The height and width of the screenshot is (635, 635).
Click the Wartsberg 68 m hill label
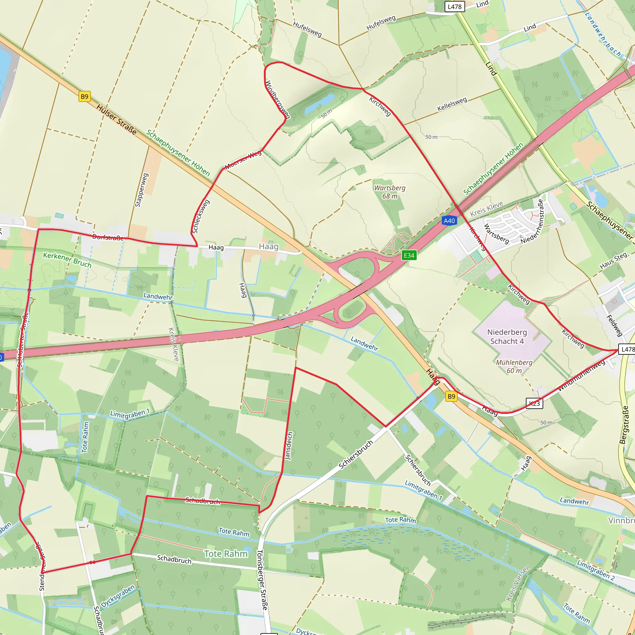(390, 192)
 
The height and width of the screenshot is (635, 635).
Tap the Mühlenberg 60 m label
(514, 366)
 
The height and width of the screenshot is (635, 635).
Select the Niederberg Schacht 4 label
(507, 336)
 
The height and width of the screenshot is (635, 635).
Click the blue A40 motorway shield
(449, 220)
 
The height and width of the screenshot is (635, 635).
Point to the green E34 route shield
(409, 255)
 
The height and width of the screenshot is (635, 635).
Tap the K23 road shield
(535, 403)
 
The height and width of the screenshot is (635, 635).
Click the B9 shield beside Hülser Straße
(84, 97)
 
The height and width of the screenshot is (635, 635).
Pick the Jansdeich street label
(288, 446)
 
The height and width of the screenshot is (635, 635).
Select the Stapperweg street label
(142, 190)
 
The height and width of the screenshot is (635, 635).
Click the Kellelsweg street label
(452, 104)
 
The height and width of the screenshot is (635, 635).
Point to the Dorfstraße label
(108, 237)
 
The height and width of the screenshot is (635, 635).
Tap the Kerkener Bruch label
(67, 260)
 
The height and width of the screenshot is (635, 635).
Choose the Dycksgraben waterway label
(118, 596)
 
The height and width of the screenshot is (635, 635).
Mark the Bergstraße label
(624, 425)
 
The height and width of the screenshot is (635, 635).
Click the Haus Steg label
(613, 261)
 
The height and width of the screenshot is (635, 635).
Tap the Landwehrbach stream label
(603, 34)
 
